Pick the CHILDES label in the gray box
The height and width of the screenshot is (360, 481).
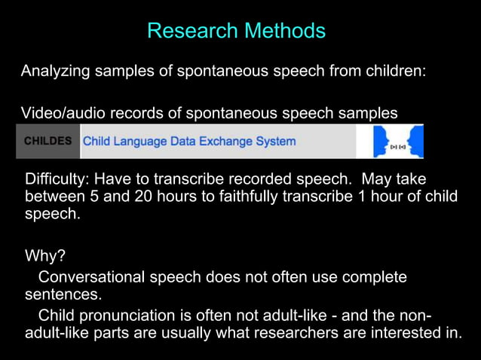[48, 141]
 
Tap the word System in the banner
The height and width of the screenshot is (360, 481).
[279, 141]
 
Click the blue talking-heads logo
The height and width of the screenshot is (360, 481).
[399, 142]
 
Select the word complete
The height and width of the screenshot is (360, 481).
[375, 277]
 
